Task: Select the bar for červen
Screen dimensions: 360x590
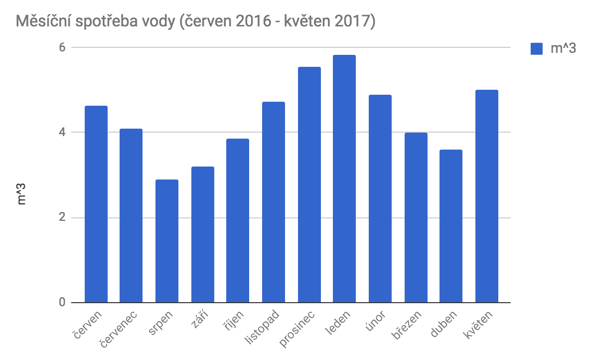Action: [x=96, y=204]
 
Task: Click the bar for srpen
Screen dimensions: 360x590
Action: [x=167, y=241]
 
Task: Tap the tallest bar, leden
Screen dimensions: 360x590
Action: [x=344, y=179]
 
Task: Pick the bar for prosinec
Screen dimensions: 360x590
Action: [x=309, y=185]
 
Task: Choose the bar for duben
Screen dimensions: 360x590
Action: [x=451, y=226]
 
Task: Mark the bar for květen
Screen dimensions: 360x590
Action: [x=487, y=196]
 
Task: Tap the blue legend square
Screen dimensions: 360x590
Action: [x=537, y=49]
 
